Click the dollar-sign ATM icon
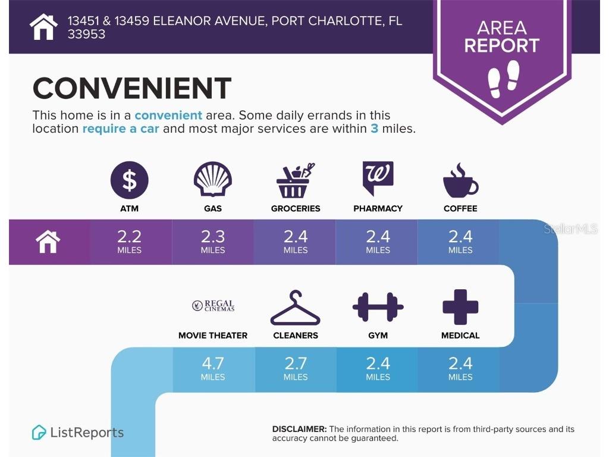pos(129,180)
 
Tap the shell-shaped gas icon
pos(213,179)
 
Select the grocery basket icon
pos(295,180)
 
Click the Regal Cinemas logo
pos(214,305)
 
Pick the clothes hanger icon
pos(295,308)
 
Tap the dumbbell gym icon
pos(378,307)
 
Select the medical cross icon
pos(460,307)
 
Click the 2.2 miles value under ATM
pos(129,242)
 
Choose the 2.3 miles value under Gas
pos(213,242)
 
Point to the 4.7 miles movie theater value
pos(213,368)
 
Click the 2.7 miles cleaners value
pos(296,368)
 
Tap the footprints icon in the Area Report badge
pos(503,79)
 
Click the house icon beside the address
pos(43,27)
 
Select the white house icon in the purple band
pos(48,242)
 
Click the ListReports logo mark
pos(39,433)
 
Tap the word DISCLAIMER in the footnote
pos(300,429)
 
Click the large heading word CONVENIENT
pos(132,88)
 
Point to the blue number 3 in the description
pos(375,129)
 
